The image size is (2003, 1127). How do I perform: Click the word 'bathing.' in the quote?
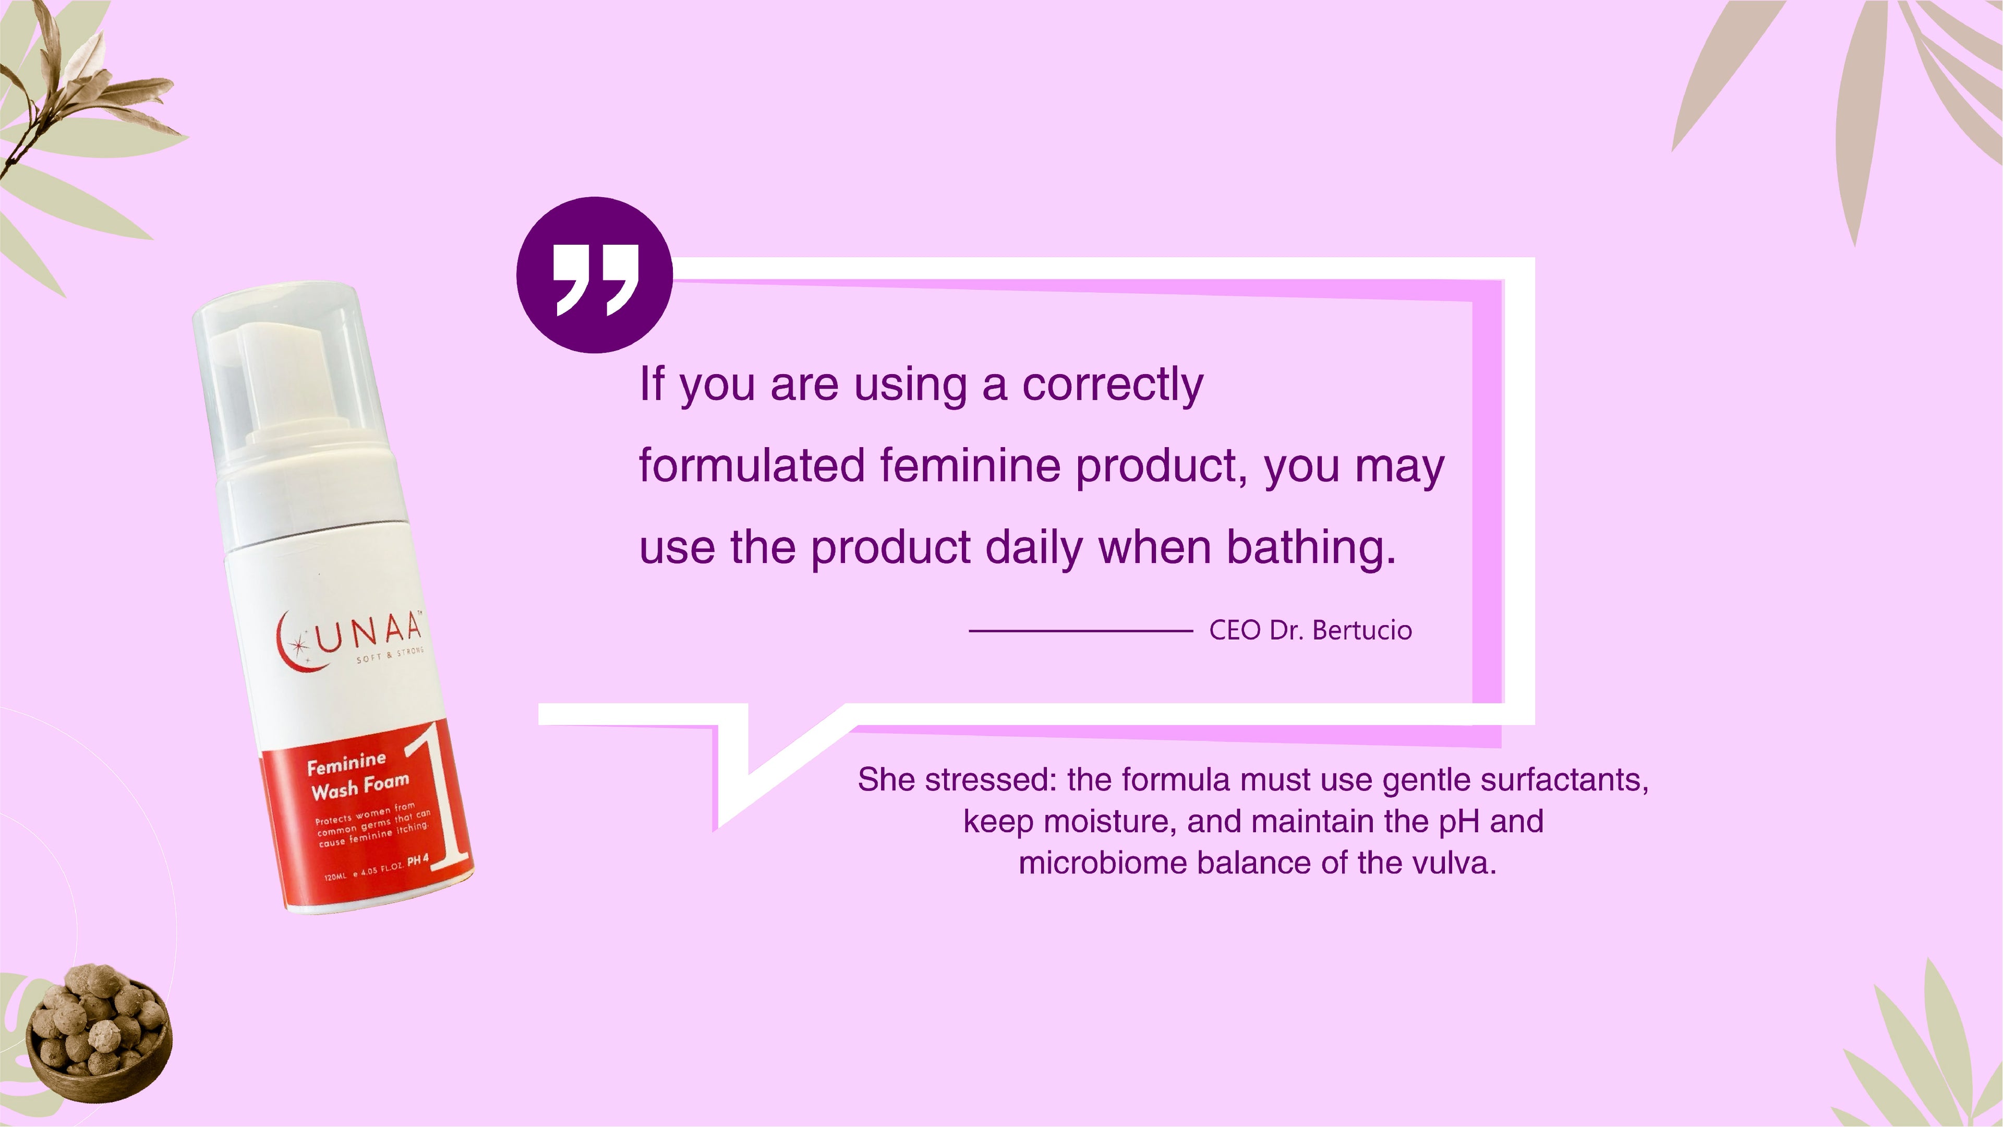point(1312,547)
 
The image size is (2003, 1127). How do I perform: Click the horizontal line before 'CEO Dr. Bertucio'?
point(1081,631)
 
